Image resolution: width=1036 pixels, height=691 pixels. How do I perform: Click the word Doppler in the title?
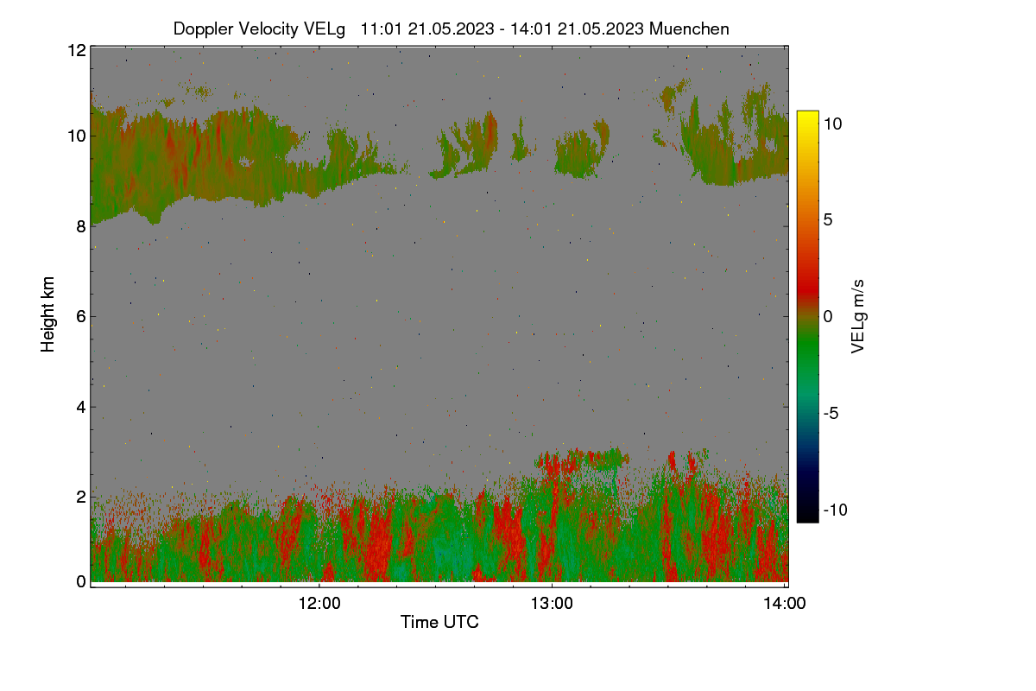[204, 29]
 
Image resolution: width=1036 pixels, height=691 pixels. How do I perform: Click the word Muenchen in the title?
[689, 29]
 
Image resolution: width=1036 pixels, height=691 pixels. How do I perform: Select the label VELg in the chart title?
[325, 29]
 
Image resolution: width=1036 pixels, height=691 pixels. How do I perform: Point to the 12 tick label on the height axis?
[77, 50]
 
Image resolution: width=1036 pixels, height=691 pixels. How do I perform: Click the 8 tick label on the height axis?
[82, 226]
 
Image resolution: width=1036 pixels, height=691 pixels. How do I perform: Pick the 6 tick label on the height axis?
[82, 317]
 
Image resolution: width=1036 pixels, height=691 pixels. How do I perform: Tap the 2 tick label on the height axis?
[82, 497]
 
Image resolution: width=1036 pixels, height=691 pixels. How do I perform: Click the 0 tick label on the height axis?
[82, 582]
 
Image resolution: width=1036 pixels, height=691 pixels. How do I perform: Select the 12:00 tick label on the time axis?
[319, 603]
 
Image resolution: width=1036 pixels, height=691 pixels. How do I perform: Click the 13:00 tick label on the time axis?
[552, 603]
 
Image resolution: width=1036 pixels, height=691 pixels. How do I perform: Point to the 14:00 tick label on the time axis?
[785, 603]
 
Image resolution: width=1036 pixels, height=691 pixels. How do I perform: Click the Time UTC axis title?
[439, 622]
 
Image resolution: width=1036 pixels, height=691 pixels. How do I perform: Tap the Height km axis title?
[47, 314]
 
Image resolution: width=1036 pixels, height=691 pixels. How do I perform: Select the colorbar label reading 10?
[833, 124]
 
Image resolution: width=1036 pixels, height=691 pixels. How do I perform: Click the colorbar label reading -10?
[836, 510]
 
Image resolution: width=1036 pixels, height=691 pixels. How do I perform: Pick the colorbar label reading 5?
[828, 220]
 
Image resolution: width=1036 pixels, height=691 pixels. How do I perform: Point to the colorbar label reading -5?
[831, 413]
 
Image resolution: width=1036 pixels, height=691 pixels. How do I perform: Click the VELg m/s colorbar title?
[858, 317]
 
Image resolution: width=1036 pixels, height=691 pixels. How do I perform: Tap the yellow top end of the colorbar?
[807, 113]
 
